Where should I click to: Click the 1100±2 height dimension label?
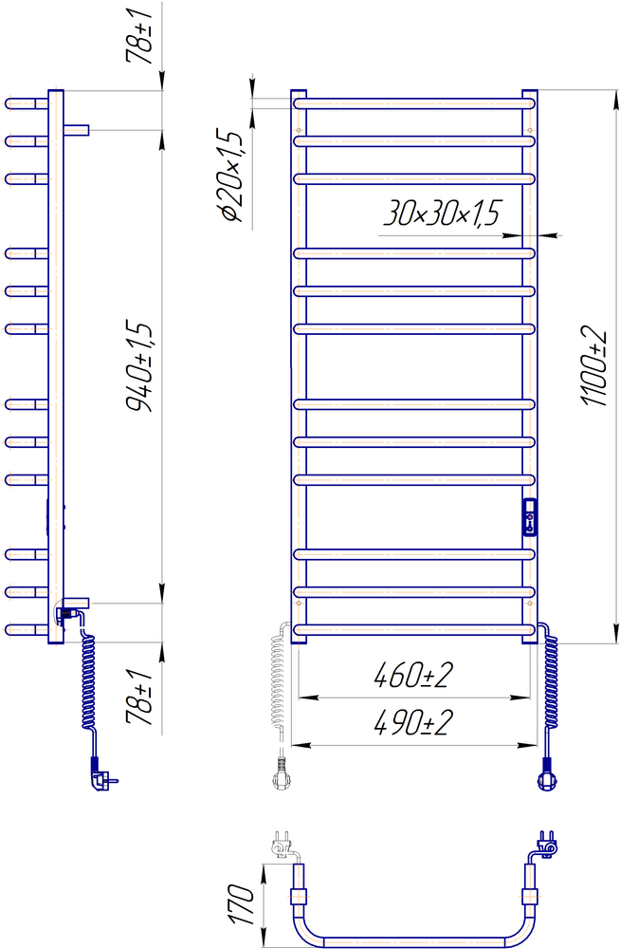coord(593,365)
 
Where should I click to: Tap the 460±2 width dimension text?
coord(413,675)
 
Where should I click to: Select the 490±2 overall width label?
coord(413,722)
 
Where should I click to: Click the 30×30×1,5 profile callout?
coord(443,213)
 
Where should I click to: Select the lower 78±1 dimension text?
coord(138,698)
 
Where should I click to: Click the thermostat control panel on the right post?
coord(530,516)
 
